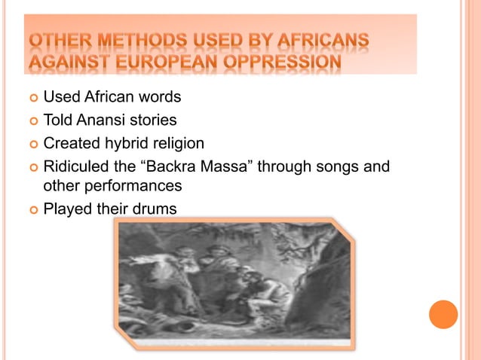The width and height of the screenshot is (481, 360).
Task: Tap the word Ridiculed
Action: click(x=74, y=166)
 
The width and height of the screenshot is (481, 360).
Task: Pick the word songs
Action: click(x=341, y=166)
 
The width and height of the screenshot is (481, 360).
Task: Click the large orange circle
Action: click(x=443, y=314)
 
